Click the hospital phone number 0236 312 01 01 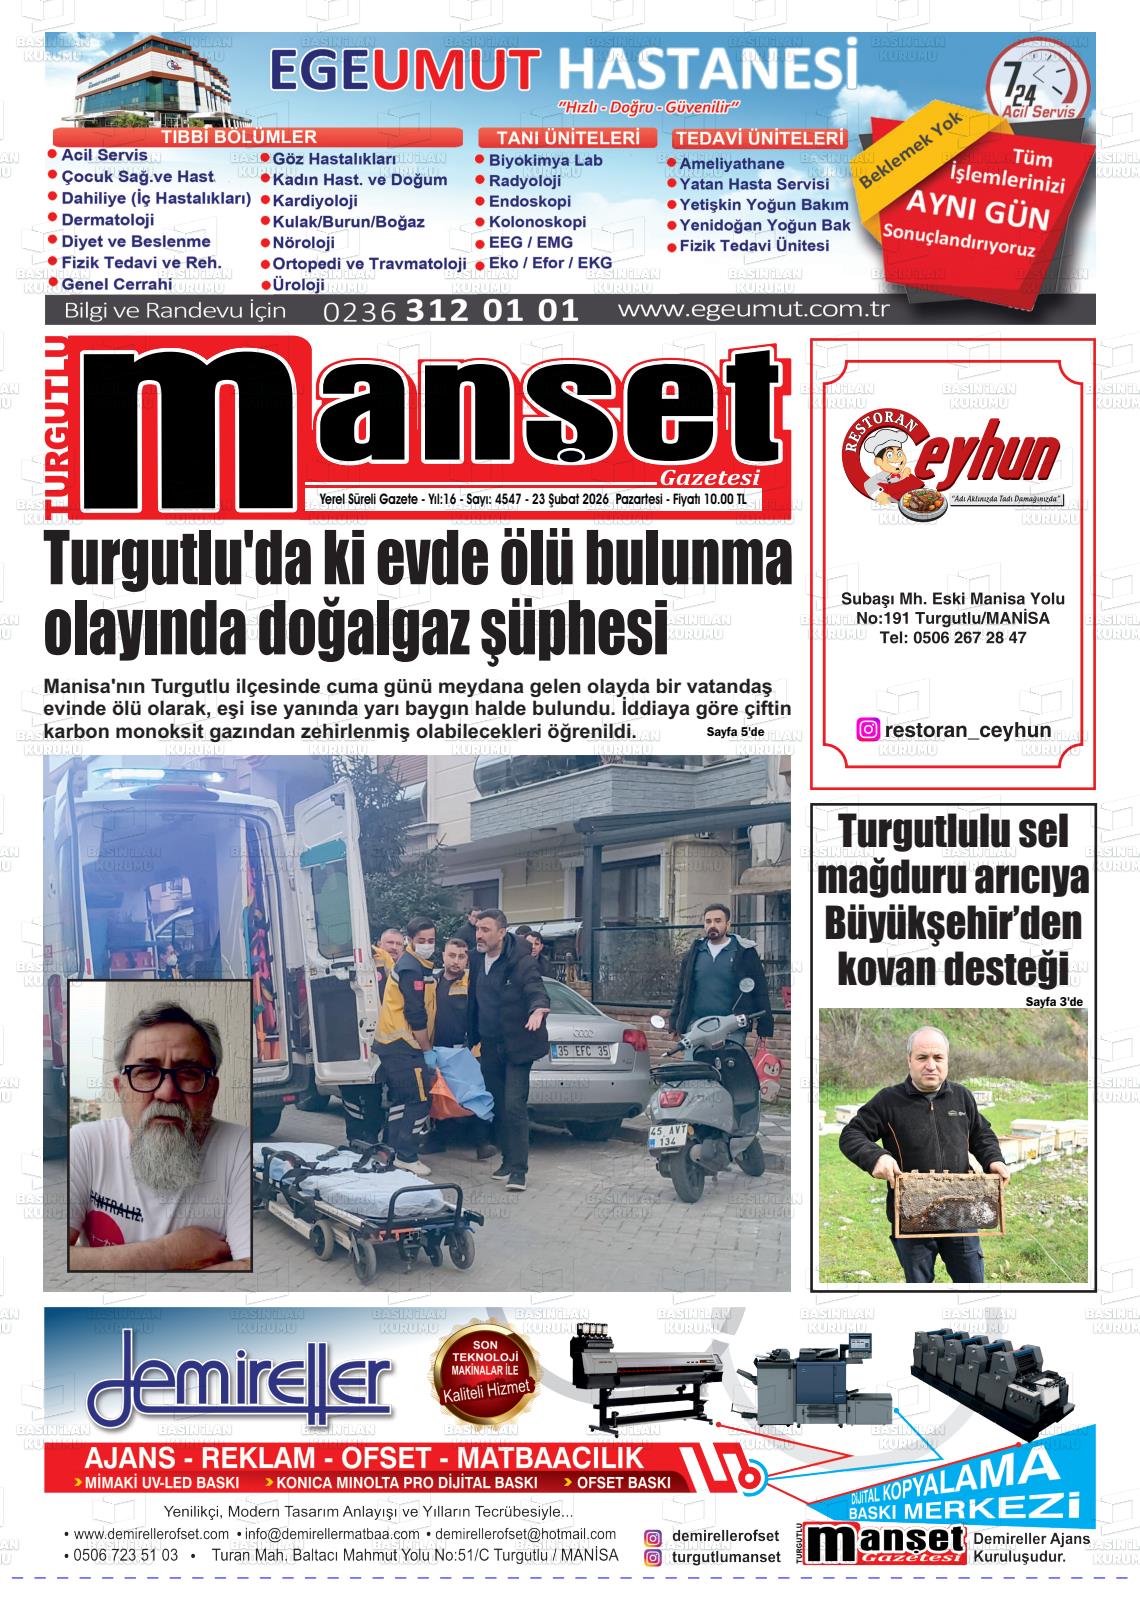(451, 311)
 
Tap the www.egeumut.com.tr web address (753, 309)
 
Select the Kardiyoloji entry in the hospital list (315, 201)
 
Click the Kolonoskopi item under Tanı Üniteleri (537, 222)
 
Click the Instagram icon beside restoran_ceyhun (868, 730)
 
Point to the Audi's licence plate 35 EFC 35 (580, 1051)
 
